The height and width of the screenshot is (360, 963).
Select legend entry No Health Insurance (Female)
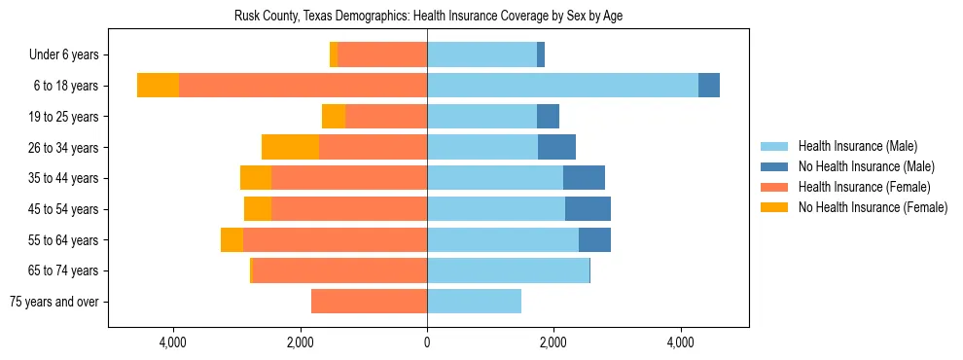[873, 207]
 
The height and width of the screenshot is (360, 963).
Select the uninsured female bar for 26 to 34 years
[290, 147]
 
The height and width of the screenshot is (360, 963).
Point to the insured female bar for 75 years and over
[369, 302]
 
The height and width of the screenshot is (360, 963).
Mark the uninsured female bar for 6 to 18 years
[158, 86]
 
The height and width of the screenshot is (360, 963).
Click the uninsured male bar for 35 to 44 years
[584, 178]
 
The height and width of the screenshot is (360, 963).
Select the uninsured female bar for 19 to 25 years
[334, 117]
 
